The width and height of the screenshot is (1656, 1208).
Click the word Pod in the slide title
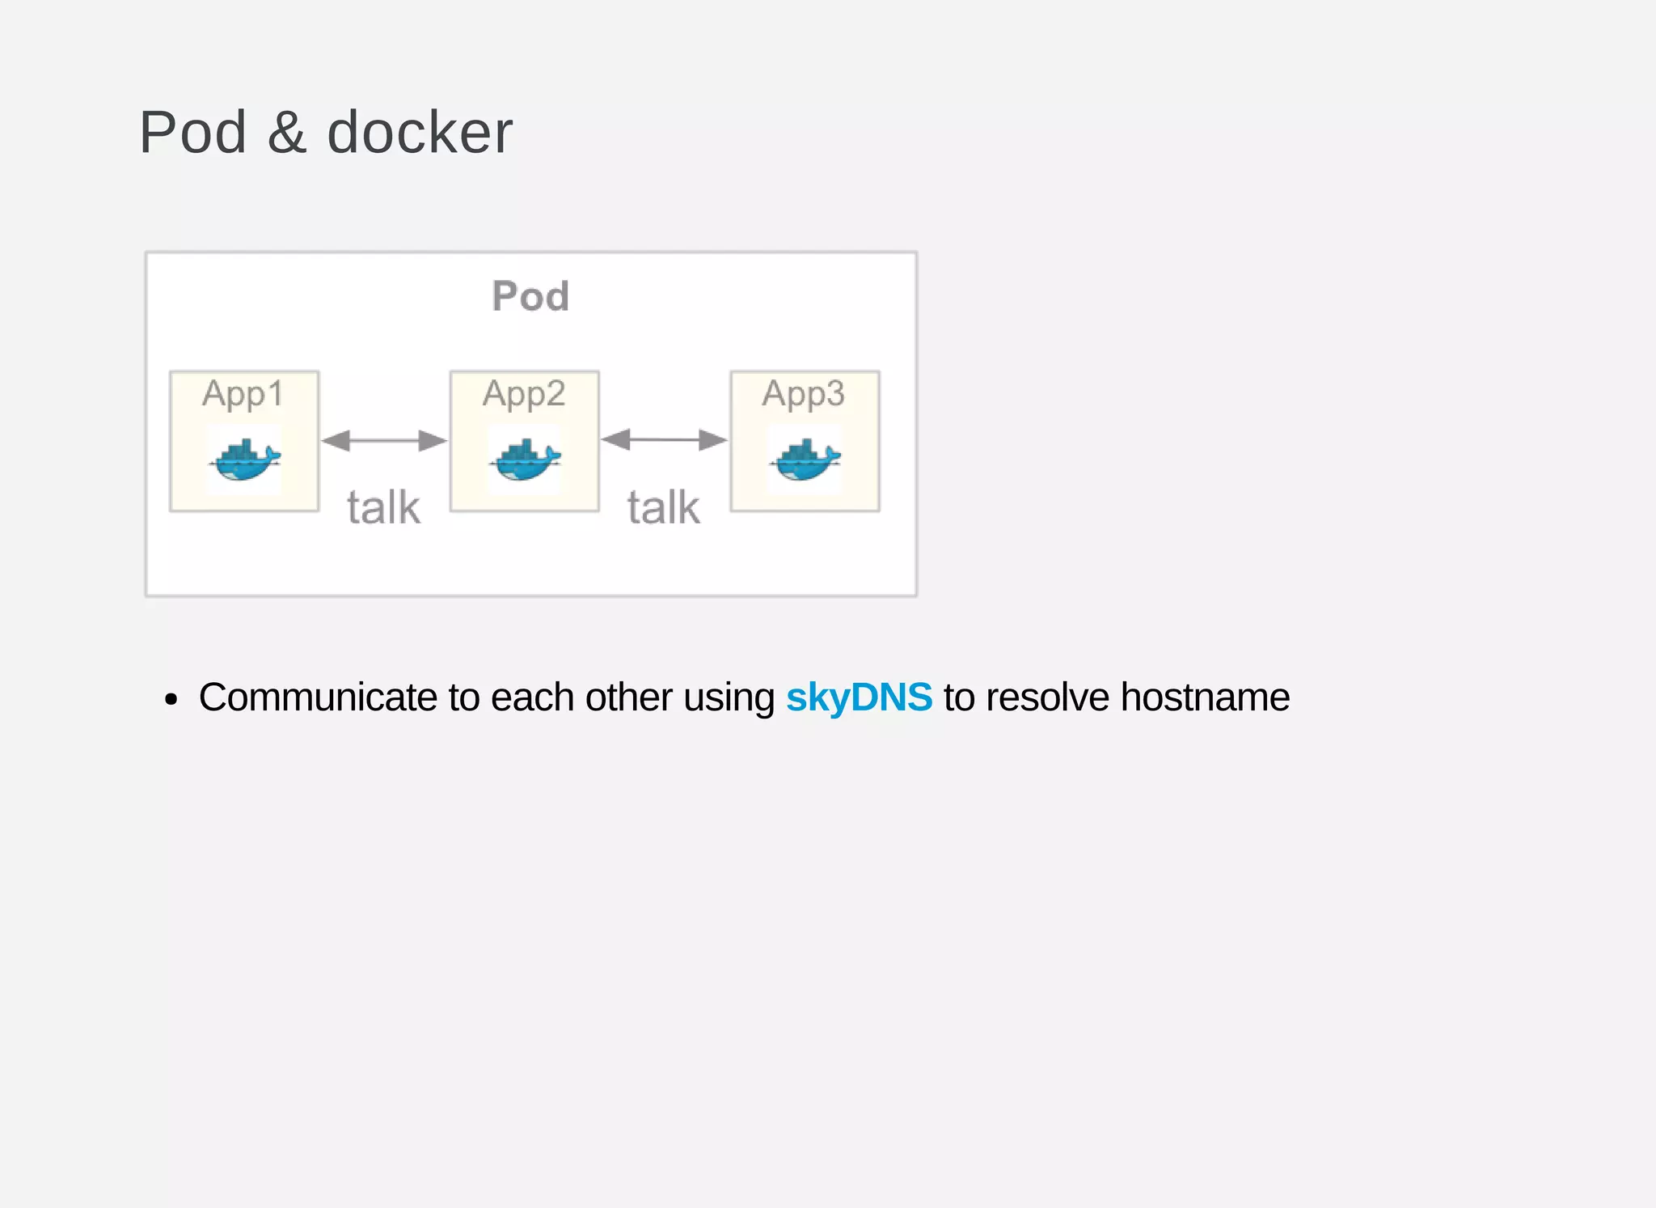(192, 132)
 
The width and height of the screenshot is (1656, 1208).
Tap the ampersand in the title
(287, 132)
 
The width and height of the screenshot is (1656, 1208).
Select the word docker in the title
(420, 132)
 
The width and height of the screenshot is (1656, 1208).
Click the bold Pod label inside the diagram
(530, 296)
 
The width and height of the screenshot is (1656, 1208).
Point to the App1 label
(243, 394)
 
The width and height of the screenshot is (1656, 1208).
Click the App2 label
(524, 394)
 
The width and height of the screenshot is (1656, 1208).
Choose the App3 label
(804, 394)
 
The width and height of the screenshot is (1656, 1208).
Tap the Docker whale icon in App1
(244, 460)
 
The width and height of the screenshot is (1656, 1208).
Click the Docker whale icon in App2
(525, 460)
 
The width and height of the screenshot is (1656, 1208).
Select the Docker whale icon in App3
(805, 460)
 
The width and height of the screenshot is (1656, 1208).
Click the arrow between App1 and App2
(384, 441)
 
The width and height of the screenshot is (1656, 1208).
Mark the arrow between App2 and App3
(664, 440)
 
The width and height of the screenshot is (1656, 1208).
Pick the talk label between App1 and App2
(383, 507)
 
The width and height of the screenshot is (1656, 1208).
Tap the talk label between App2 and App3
(664, 507)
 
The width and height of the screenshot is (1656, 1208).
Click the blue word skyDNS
(859, 697)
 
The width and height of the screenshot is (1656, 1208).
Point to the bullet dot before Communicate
(170, 699)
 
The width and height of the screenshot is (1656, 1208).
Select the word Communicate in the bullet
(318, 697)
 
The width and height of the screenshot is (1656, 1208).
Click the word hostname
(1205, 697)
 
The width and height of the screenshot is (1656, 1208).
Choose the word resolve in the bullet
(1047, 697)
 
